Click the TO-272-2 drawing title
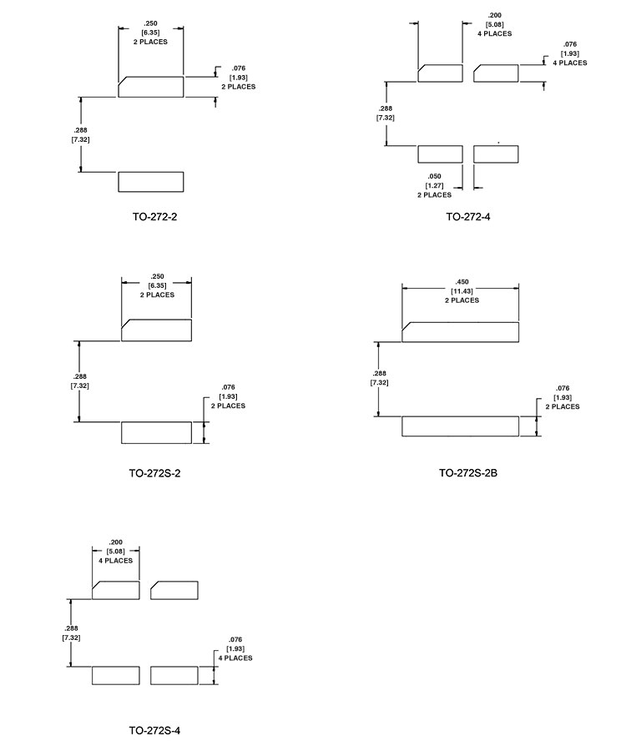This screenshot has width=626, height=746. click(154, 216)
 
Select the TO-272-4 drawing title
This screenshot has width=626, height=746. click(468, 216)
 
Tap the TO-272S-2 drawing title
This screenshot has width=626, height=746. click(154, 473)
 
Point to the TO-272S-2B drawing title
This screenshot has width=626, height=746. click(468, 472)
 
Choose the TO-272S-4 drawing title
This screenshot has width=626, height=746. click(154, 730)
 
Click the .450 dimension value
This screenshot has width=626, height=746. click(462, 282)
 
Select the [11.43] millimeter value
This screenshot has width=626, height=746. click(462, 290)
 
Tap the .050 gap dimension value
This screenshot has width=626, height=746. click(434, 176)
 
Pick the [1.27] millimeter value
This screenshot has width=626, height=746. click(434, 185)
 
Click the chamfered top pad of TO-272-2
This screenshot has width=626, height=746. click(151, 87)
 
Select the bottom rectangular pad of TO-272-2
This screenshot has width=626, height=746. click(151, 182)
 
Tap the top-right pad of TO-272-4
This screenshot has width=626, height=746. click(496, 73)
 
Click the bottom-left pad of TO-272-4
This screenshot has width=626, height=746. click(441, 154)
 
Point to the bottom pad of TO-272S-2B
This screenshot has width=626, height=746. click(461, 426)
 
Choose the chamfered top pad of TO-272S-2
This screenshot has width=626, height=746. click(157, 330)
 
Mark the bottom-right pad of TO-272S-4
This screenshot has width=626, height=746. click(174, 676)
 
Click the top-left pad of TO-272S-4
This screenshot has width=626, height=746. click(116, 590)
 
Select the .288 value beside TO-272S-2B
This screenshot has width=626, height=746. click(380, 374)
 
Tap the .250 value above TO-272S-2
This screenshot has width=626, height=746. click(157, 276)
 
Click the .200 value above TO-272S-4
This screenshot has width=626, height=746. click(116, 542)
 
